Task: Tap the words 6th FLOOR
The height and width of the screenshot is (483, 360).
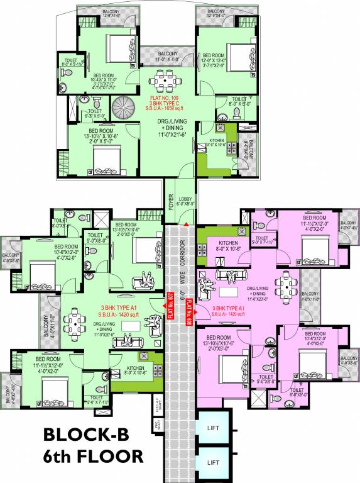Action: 94,455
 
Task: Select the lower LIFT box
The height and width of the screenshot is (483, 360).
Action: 213,462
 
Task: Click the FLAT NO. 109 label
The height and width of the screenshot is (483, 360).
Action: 167,99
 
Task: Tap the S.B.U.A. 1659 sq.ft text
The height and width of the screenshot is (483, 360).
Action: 167,111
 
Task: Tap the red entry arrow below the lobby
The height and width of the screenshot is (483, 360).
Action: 186,223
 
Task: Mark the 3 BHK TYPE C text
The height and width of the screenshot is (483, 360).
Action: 167,105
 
